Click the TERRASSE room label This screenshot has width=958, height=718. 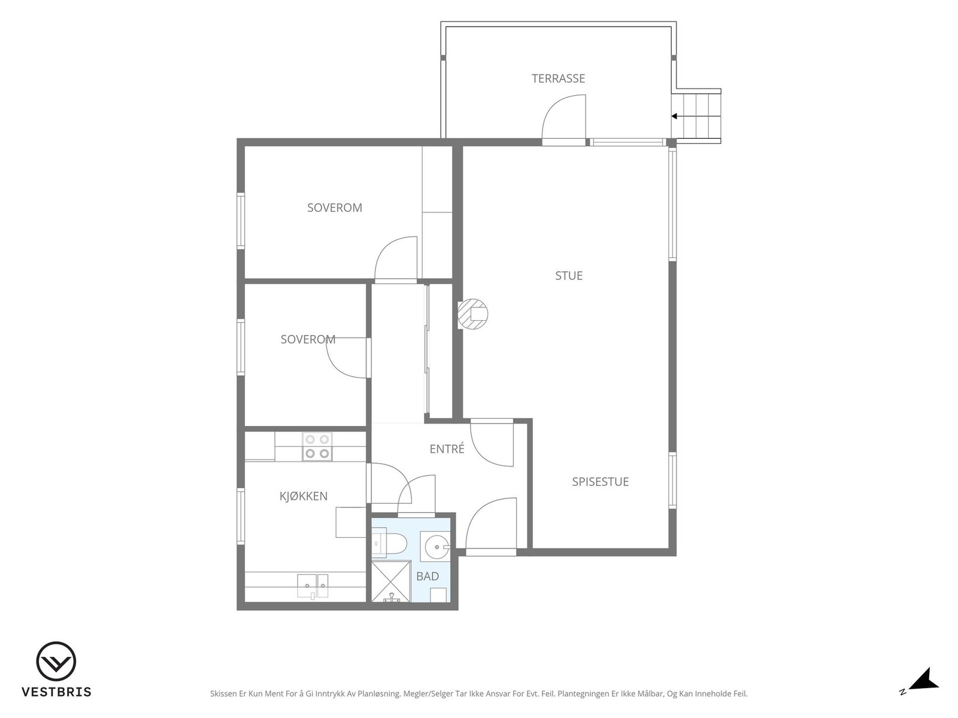pos(558,78)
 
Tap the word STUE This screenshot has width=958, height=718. pos(569,275)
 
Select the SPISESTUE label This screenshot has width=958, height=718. pos(600,482)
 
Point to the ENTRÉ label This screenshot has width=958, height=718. pos(447,449)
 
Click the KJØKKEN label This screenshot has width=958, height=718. pos(304,495)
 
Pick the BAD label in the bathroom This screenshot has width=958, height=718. pos(428,576)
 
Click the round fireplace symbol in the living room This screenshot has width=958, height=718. pos(472,314)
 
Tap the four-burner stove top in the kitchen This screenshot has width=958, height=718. pos(317,446)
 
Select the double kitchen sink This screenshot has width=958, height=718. pos(312,586)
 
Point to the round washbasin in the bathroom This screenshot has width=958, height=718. pos(435,546)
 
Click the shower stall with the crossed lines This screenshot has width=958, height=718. pos(391,582)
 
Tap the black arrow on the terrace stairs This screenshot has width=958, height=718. pos(674,117)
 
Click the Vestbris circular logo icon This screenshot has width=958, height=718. pos(56,661)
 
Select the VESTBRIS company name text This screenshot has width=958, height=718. pos(57,692)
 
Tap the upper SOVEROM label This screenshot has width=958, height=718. pos(335,208)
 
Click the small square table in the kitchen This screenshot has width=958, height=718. pos(350,522)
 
